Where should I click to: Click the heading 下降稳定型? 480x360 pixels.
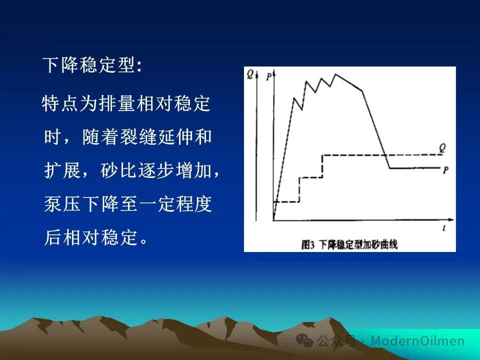click(x=89, y=64)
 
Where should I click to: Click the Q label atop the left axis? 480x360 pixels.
click(x=250, y=74)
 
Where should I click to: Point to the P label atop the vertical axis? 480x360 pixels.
click(x=268, y=76)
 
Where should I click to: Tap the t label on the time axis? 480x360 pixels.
click(x=444, y=228)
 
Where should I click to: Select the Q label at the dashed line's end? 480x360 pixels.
click(x=442, y=148)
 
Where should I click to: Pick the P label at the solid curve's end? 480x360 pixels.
click(x=445, y=170)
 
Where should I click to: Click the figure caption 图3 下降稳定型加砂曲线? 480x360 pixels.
click(x=349, y=245)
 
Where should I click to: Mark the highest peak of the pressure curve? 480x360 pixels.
click(x=335, y=74)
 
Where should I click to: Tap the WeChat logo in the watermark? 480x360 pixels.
click(x=304, y=340)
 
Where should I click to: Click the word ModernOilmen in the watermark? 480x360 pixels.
click(x=417, y=340)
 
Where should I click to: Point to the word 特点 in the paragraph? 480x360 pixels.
click(x=60, y=103)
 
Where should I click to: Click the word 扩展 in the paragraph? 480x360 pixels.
click(x=62, y=170)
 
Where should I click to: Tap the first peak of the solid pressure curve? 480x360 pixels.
click(x=294, y=98)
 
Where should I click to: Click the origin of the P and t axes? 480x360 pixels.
click(x=273, y=220)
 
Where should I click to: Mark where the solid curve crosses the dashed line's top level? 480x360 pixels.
click(x=385, y=155)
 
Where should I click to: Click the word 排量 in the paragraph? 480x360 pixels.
click(x=117, y=103)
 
